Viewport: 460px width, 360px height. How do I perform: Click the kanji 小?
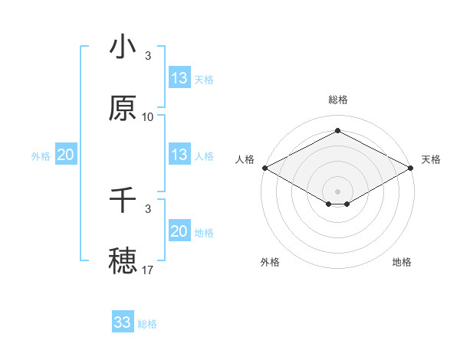(123, 47)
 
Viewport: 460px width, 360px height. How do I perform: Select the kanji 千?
(123, 201)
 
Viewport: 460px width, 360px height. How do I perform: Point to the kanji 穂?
(123, 261)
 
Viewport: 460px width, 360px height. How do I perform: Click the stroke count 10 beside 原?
(148, 117)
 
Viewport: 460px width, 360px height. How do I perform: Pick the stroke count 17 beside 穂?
(148, 270)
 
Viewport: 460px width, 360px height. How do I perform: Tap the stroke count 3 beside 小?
(148, 56)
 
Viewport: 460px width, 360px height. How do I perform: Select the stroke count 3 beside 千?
(148, 208)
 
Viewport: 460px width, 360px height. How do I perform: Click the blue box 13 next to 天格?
(179, 78)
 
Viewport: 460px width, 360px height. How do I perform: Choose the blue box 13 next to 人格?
(179, 155)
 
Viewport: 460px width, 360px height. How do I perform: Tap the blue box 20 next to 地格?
(179, 231)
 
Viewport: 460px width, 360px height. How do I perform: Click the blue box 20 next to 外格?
(66, 155)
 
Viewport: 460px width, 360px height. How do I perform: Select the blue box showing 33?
(123, 322)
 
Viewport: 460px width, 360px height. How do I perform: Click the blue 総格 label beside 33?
(147, 324)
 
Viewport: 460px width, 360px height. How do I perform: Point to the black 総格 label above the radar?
(338, 100)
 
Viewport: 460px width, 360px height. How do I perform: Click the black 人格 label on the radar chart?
(245, 159)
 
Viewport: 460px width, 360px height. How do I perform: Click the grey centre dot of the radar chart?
(338, 191)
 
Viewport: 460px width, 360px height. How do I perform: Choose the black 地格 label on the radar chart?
(402, 262)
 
